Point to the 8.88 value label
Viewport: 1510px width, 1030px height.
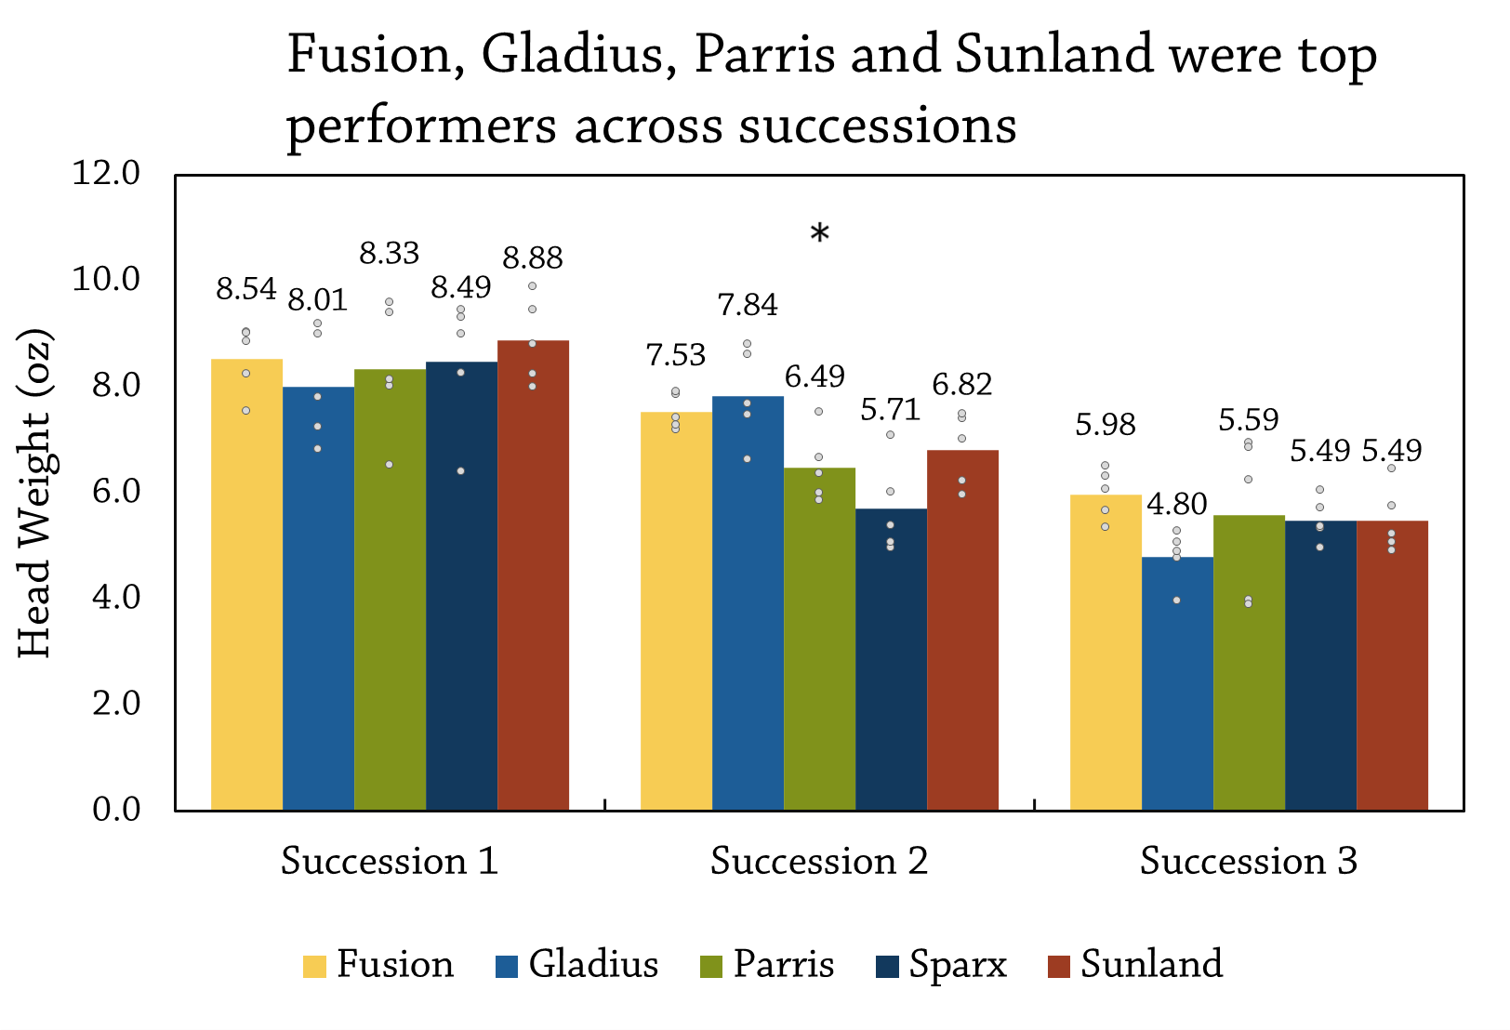pyautogui.click(x=533, y=257)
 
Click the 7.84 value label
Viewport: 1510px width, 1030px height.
pyautogui.click(x=748, y=305)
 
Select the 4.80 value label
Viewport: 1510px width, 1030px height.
pyautogui.click(x=1177, y=505)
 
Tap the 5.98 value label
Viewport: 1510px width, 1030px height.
pyautogui.click(x=1106, y=425)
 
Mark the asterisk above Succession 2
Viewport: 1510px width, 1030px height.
pyautogui.click(x=819, y=234)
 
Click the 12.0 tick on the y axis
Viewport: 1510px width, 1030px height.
pyautogui.click(x=106, y=173)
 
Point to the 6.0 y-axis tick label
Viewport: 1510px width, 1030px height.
pyautogui.click(x=115, y=491)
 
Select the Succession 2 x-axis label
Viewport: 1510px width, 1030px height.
pyautogui.click(x=819, y=861)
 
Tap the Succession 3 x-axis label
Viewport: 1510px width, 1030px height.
pyautogui.click(x=1249, y=861)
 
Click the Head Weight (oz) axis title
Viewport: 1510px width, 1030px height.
pyautogui.click(x=35, y=493)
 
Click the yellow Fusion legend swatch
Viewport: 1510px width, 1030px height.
pyautogui.click(x=314, y=966)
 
